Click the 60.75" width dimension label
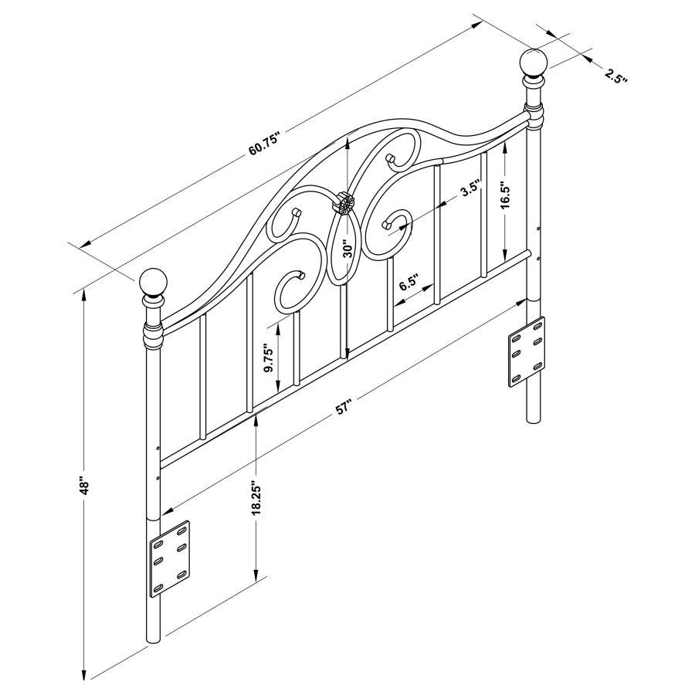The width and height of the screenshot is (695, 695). (263, 145)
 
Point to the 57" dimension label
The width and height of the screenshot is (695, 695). (344, 408)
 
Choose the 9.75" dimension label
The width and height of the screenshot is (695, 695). (268, 358)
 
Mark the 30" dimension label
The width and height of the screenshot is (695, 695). (348, 249)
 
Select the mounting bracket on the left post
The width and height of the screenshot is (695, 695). (169, 558)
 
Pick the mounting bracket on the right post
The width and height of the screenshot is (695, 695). (526, 351)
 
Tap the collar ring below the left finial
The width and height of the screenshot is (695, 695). (153, 336)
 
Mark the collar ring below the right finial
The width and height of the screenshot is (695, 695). (533, 117)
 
